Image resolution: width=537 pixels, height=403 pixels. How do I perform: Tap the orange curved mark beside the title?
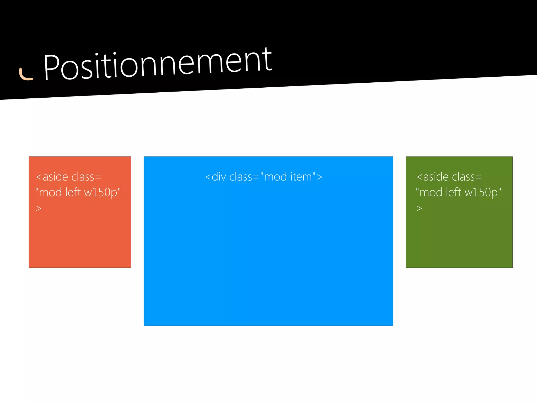[x=25, y=75]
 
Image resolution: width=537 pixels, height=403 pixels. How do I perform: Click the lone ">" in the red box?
[x=39, y=208]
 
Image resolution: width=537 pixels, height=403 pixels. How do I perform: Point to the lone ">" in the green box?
[x=419, y=208]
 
